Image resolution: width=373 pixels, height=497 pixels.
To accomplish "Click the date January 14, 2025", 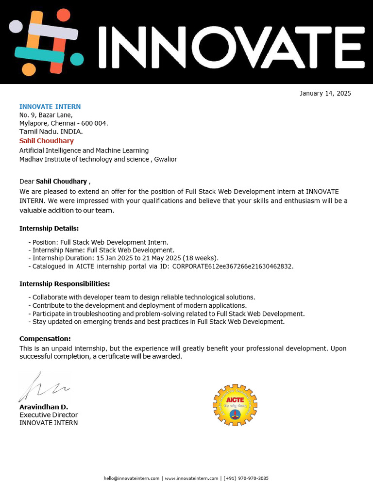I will (325, 93).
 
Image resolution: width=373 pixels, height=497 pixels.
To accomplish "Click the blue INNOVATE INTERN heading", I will (50, 106).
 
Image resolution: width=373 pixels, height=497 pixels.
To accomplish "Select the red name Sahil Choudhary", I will (47, 141).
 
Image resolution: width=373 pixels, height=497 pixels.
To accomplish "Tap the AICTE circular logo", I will (235, 405).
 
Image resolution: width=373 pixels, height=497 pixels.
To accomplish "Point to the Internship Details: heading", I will (49, 228).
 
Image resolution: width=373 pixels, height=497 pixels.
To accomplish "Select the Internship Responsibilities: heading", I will (65, 283).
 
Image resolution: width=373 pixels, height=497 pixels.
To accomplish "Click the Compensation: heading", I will (45, 338).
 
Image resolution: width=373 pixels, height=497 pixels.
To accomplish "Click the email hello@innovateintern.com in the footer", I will (131, 478).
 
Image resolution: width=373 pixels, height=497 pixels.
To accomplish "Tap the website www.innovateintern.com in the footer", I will (191, 478).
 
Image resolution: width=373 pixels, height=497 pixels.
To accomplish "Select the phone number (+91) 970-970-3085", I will (246, 478).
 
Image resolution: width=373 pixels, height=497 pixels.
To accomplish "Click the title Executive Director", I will (49, 414).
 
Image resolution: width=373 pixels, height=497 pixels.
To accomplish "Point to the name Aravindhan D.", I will (44, 407).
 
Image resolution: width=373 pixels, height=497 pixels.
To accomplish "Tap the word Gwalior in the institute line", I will (166, 159).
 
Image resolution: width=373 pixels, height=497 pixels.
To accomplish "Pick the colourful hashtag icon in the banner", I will (46, 43).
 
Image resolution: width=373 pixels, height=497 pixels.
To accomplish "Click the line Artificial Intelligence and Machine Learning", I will (84, 150).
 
